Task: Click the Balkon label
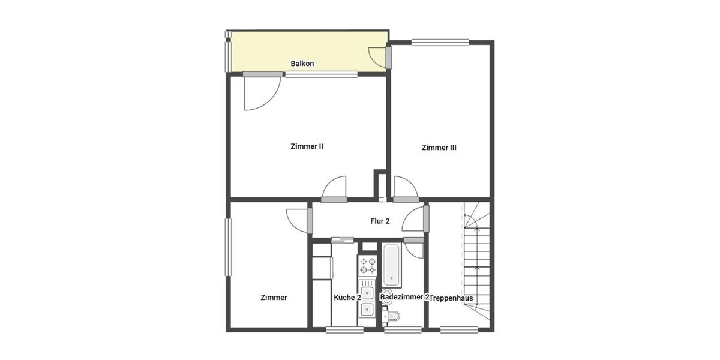pyautogui.click(x=302, y=64)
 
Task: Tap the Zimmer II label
pyautogui.click(x=307, y=146)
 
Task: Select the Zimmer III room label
pyautogui.click(x=439, y=148)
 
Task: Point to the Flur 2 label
pyautogui.click(x=380, y=221)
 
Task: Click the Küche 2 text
pyautogui.click(x=347, y=298)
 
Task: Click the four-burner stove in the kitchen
pyautogui.click(x=367, y=266)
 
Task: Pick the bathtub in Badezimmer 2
pyautogui.click(x=392, y=265)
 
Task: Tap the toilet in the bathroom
pyautogui.click(x=392, y=316)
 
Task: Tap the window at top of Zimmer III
pyautogui.click(x=440, y=41)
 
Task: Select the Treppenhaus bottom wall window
pyautogui.click(x=459, y=329)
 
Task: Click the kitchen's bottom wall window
pyautogui.click(x=344, y=329)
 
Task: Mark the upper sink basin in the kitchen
pyautogui.click(x=367, y=293)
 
